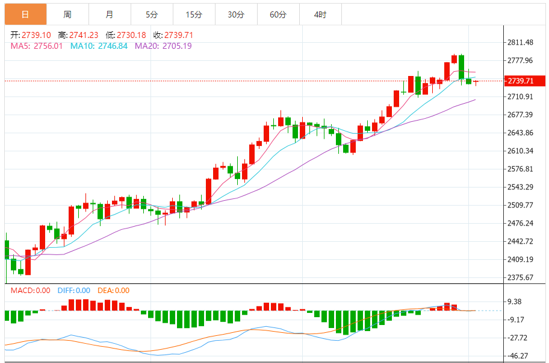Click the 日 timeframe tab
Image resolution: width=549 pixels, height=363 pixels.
25,14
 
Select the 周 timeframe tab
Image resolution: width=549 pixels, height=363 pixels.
67,14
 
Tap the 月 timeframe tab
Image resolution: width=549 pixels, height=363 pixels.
109,14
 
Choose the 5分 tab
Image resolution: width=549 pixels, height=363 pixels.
152,14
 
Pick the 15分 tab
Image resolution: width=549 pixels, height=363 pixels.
194,14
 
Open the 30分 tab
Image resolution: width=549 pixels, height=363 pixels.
236,14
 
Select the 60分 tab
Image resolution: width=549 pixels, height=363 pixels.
278,14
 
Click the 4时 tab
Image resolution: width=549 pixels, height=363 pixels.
320,14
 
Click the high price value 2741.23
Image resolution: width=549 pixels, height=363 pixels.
84,35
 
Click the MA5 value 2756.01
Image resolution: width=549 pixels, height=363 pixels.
49,46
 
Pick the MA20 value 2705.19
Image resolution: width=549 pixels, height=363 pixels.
173,46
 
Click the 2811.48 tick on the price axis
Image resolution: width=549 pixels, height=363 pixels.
521,42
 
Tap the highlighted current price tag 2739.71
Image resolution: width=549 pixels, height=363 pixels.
521,81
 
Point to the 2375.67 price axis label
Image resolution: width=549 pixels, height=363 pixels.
521,277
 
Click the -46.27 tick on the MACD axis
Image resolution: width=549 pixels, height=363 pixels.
518,356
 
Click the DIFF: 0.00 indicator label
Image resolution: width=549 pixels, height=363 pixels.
74,291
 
